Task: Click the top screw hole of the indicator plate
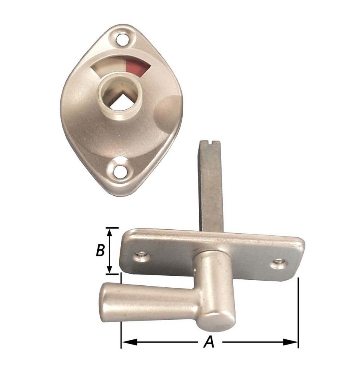122,40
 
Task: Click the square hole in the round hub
120,100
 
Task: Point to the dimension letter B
100,251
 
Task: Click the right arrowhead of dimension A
290,342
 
